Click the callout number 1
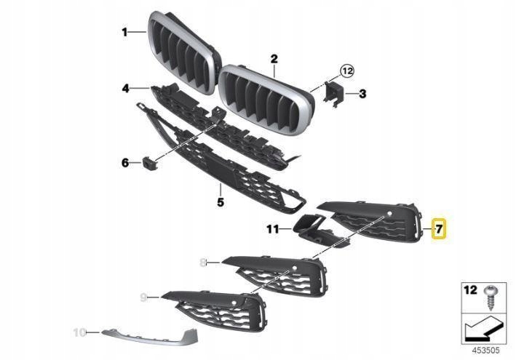(124, 32)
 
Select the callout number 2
(274, 57)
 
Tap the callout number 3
(362, 93)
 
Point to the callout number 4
(125, 89)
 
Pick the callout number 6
(125, 162)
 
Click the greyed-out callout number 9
(143, 297)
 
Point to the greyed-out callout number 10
(79, 332)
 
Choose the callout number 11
(272, 229)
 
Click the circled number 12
(346, 71)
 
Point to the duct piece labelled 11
(311, 228)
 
